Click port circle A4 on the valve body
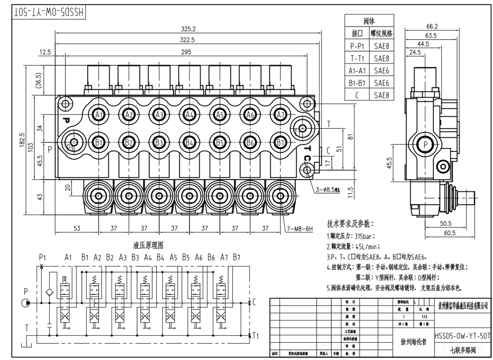(x=190, y=115)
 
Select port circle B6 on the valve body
(x=250, y=143)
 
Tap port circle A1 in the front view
(x=99, y=115)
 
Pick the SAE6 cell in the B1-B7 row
(x=382, y=83)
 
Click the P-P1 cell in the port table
(x=357, y=46)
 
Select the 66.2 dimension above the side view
(x=432, y=26)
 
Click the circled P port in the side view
(x=423, y=144)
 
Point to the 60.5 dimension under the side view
(x=448, y=232)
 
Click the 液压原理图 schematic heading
(x=148, y=245)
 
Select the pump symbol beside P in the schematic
(x=26, y=302)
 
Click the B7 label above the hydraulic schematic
(x=237, y=257)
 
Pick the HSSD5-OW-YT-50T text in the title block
(x=462, y=336)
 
